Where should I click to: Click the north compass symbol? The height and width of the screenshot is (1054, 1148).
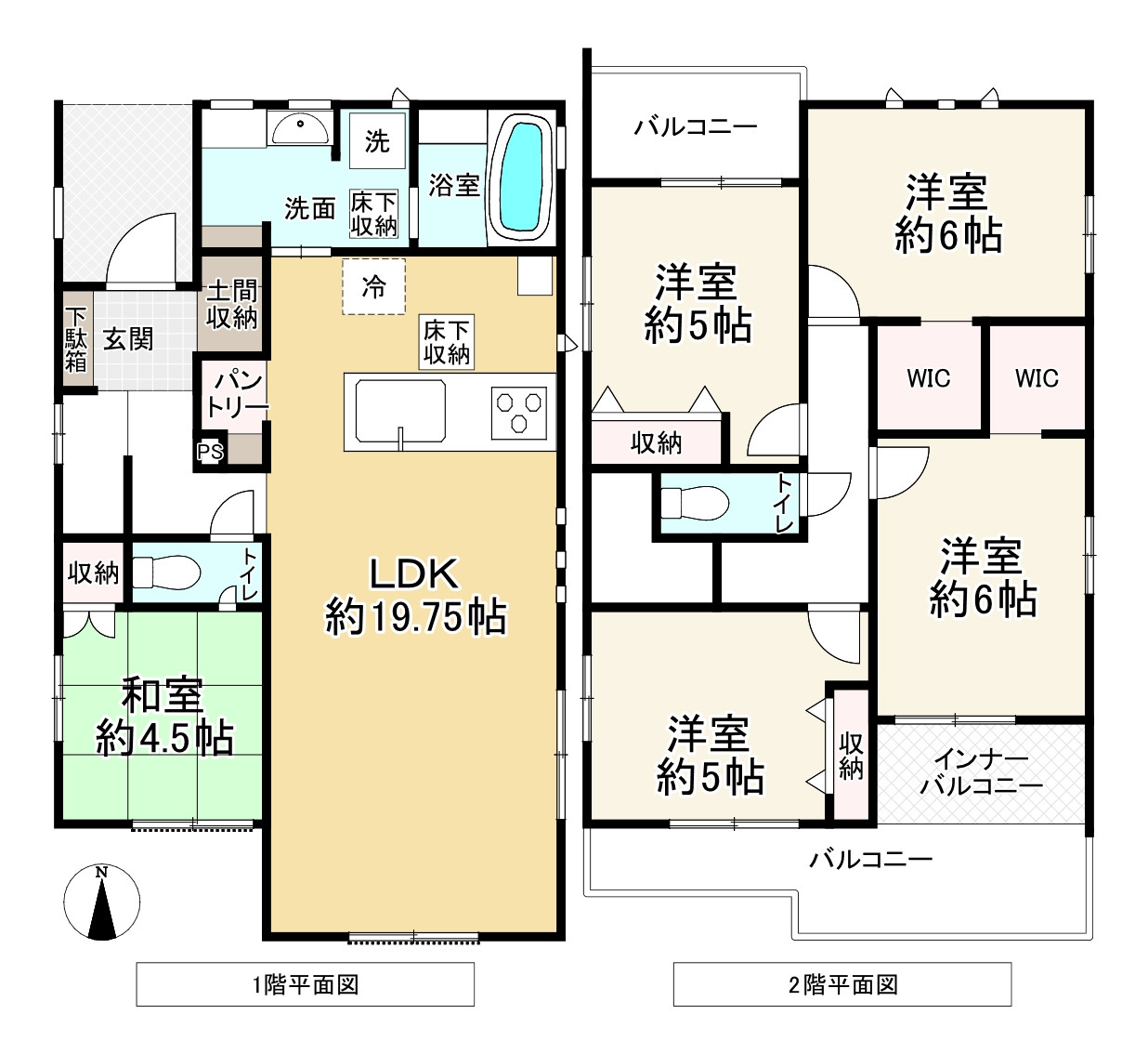click(x=102, y=902)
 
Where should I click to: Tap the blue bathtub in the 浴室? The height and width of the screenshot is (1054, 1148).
click(x=521, y=177)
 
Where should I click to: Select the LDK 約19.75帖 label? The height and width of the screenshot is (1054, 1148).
click(x=415, y=595)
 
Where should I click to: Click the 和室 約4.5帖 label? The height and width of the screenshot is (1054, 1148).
click(x=163, y=717)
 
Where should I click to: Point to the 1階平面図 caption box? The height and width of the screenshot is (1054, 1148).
click(x=305, y=984)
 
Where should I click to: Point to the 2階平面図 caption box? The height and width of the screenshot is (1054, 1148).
click(x=841, y=984)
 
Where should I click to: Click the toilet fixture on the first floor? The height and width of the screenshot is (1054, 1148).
click(x=166, y=573)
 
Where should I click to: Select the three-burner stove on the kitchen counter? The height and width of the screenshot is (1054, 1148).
click(x=518, y=412)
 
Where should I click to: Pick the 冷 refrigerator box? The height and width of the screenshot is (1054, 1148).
click(x=373, y=286)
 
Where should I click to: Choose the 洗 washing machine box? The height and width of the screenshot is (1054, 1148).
click(x=377, y=141)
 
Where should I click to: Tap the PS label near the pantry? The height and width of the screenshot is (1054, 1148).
click(x=210, y=453)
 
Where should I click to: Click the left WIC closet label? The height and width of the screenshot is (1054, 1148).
click(x=928, y=378)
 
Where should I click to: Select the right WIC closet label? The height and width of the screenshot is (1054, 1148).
click(x=1037, y=378)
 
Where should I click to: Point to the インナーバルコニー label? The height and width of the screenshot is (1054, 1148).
click(x=981, y=772)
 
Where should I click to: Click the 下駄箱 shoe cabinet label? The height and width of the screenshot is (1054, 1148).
click(x=76, y=339)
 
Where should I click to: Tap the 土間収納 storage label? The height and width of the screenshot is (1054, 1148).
click(x=231, y=305)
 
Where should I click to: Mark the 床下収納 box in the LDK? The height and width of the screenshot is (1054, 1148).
click(x=447, y=342)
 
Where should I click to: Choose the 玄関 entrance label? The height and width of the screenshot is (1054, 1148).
click(x=128, y=339)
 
